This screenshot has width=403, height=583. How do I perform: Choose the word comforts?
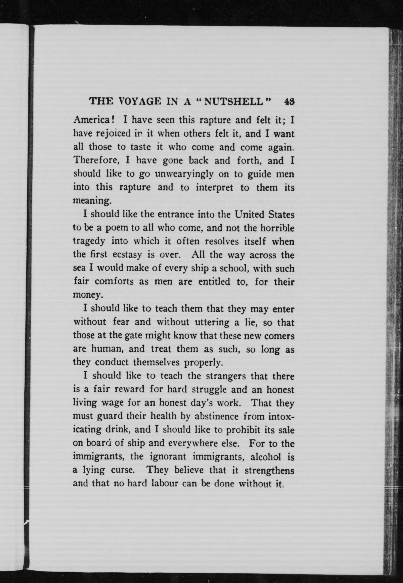pyautogui.click(x=114, y=281)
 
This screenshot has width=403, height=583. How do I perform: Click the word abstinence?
pyautogui.click(x=216, y=416)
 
